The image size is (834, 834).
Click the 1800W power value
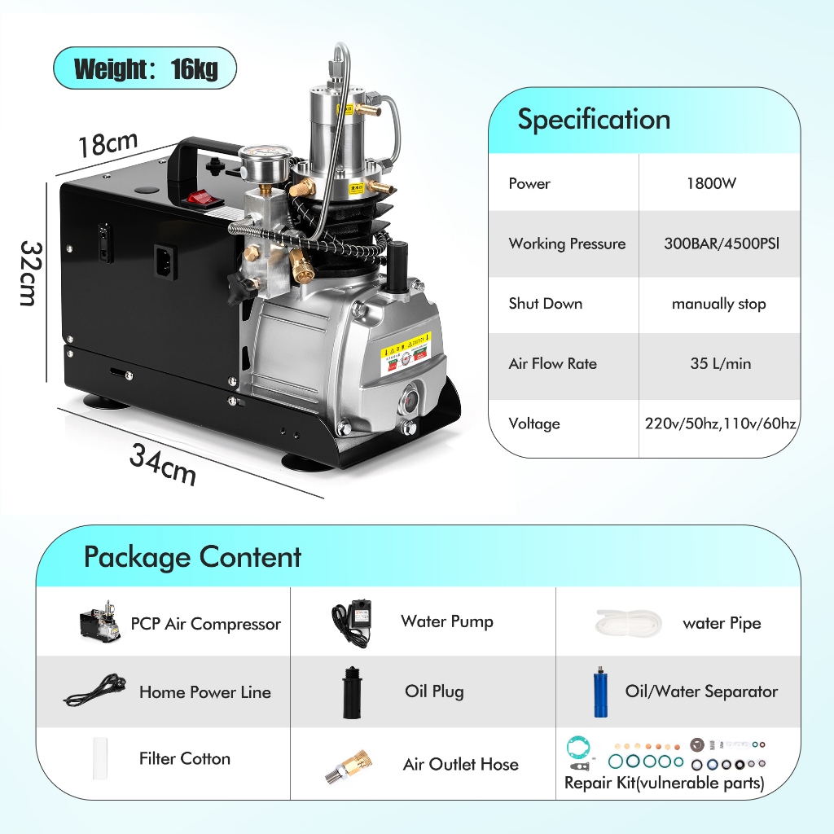click(711, 183)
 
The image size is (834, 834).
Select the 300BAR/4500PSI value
click(722, 244)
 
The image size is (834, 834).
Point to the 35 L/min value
click(720, 363)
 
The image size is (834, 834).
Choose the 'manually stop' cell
click(718, 304)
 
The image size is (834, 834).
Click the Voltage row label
click(534, 424)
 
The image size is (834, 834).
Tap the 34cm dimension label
click(163, 463)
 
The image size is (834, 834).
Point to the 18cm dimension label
click(108, 143)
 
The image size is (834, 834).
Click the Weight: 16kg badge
click(145, 68)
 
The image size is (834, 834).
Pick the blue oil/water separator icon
click(600, 691)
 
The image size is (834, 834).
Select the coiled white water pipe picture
click(629, 622)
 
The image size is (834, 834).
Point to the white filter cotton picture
click(100, 758)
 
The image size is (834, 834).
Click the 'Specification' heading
click(594, 119)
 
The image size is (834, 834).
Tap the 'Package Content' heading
click(192, 557)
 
